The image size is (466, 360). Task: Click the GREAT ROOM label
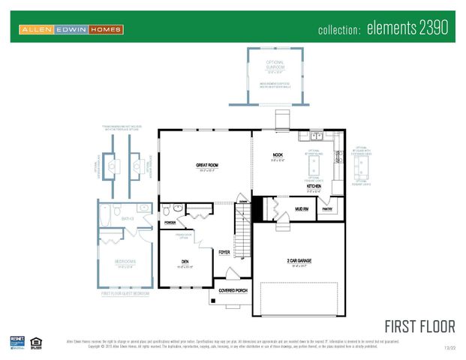pos(207,165)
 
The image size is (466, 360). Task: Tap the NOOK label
pos(278,154)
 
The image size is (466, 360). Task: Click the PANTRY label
pos(326,210)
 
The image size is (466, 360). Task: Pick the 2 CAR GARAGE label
pos(298,262)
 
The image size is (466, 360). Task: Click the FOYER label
pos(224,252)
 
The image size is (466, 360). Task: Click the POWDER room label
pos(170,223)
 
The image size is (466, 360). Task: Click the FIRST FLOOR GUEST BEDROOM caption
pos(125,294)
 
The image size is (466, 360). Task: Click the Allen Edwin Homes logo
pos(71,29)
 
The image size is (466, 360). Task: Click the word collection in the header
pos(340,31)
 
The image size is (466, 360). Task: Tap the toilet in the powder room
pos(177,208)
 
